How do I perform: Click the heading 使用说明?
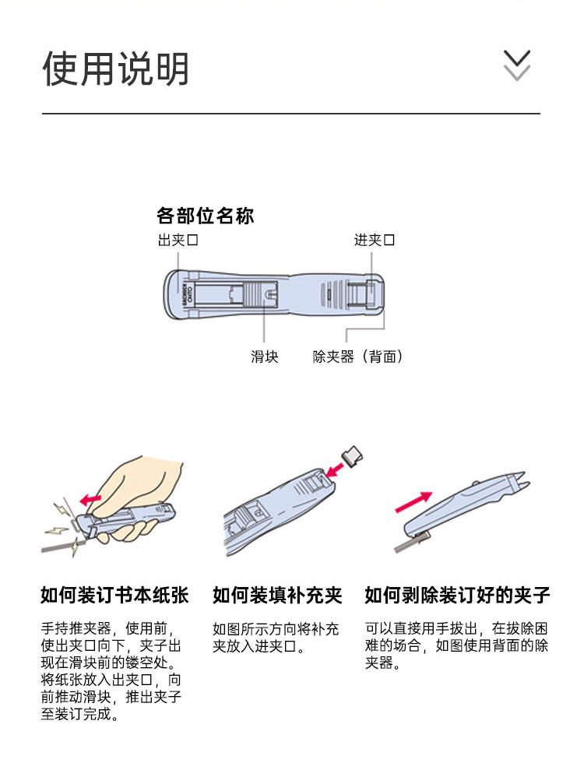[x=115, y=69]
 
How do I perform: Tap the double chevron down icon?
[x=516, y=65]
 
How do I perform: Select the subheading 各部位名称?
[x=206, y=216]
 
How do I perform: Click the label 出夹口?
[x=178, y=241]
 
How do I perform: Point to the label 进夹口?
[x=375, y=241]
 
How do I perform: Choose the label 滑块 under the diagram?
[x=265, y=357]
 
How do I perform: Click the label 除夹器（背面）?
[x=357, y=357]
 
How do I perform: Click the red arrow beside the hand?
[x=91, y=498]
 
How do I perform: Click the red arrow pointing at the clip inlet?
[x=335, y=469]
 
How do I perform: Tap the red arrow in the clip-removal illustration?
[x=413, y=501]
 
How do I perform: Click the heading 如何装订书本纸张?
[x=114, y=595]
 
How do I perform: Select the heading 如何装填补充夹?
[x=278, y=595]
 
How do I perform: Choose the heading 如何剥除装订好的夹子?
[x=457, y=595]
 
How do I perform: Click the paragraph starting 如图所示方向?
[x=276, y=638]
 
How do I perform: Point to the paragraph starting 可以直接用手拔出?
[x=456, y=645]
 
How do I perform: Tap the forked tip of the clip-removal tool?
[x=517, y=481]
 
